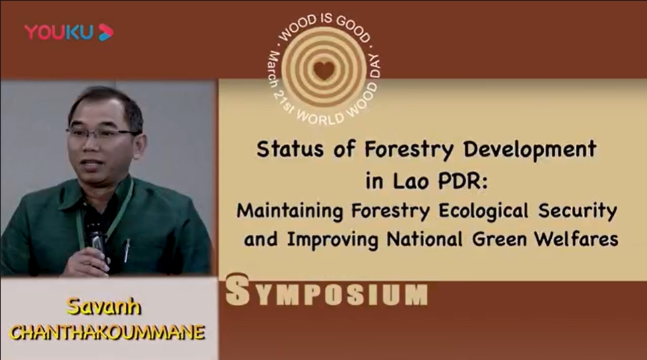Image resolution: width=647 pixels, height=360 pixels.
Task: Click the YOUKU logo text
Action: coord(59,32)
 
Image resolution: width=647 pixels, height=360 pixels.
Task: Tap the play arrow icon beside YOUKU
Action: coord(105,32)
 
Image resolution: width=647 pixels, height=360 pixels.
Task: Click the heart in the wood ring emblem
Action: coord(324,70)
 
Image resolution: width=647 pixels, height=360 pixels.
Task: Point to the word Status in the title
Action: coord(290,149)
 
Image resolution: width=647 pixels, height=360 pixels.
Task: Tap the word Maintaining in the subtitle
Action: coord(290,211)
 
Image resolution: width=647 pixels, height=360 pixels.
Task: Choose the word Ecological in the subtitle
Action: coord(483,211)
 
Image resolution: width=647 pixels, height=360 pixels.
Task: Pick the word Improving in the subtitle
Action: coord(333,240)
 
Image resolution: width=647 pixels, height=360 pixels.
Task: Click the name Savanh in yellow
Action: coord(104,306)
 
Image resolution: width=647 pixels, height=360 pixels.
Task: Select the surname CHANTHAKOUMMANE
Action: coord(107,332)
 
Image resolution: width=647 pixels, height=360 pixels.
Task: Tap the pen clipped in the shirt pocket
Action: coord(126,250)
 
